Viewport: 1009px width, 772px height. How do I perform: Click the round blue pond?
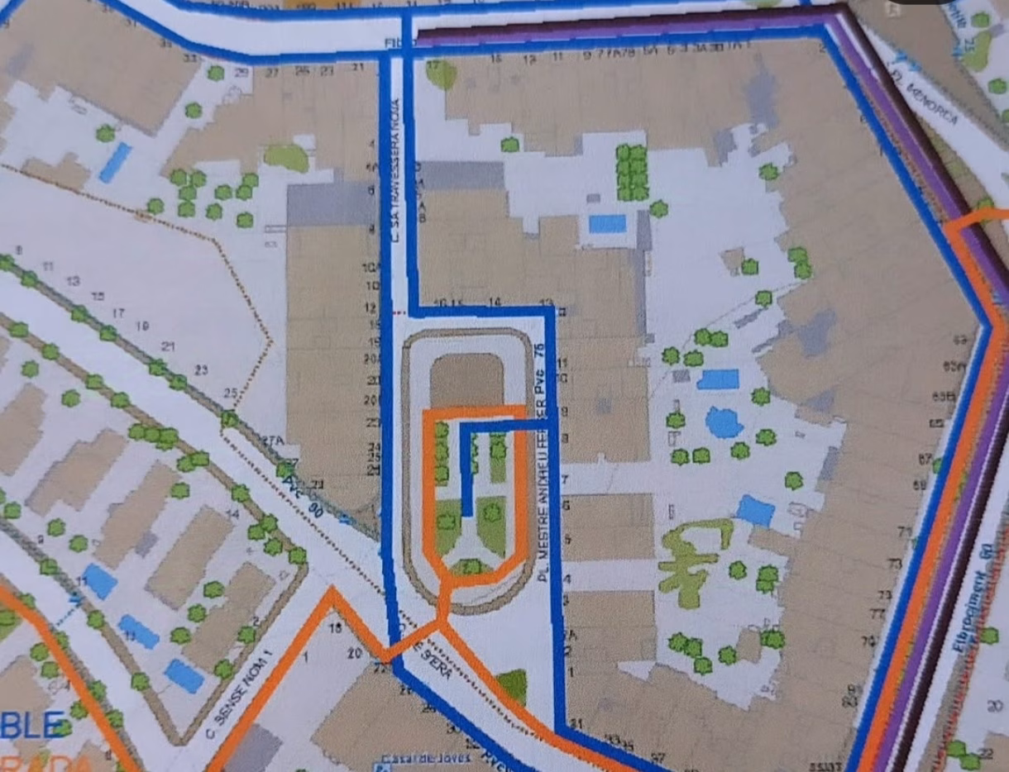coord(724,422)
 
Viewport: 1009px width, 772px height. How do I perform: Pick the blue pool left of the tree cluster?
coord(607,224)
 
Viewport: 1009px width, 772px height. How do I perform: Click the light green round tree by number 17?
coord(442,74)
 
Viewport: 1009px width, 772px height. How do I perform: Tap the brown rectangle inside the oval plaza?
coord(466,380)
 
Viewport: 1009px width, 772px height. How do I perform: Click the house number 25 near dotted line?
coord(231,393)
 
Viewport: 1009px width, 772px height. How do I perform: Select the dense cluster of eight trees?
coord(633,172)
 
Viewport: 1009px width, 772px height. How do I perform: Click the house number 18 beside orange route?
coord(335,628)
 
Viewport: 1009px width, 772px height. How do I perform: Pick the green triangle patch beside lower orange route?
coord(513,684)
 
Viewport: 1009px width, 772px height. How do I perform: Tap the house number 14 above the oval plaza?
coord(495,303)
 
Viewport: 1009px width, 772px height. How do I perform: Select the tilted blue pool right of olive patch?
coord(755,510)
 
